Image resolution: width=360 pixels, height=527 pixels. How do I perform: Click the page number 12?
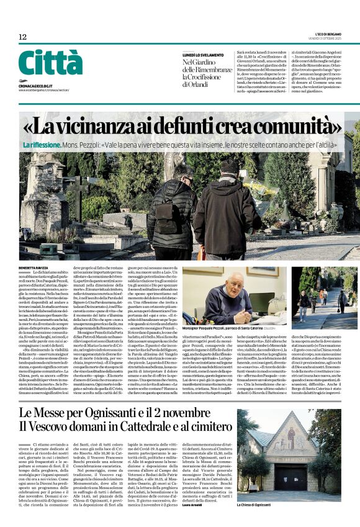pyautogui.click(x=22, y=37)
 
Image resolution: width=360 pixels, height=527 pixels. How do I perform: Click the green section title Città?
pyautogui.click(x=50, y=65)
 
